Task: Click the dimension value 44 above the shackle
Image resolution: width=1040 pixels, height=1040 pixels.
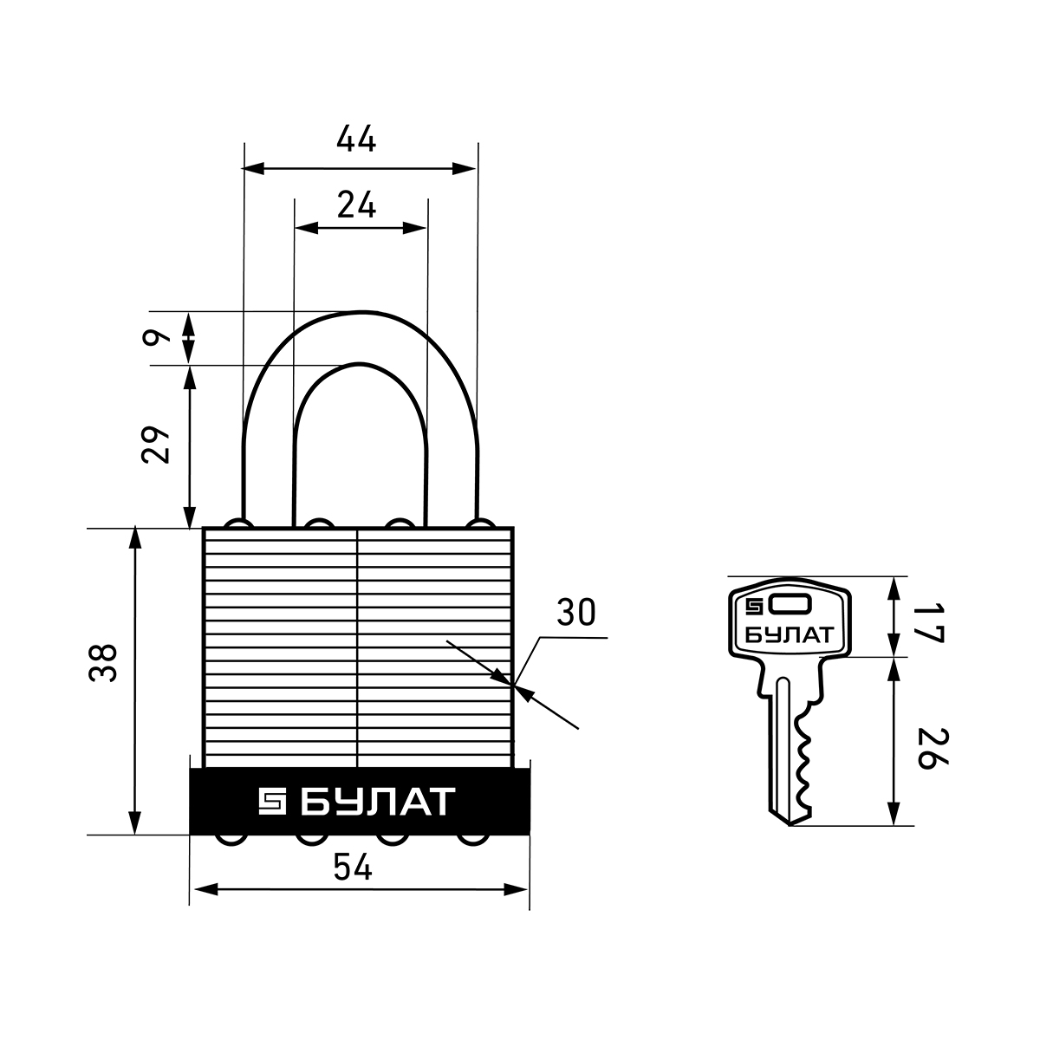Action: coord(355,140)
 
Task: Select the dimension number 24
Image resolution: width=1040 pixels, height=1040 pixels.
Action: coord(356,205)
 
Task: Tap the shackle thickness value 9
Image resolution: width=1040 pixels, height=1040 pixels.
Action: coord(156,338)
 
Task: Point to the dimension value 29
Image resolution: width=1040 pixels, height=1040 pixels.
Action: coord(155,445)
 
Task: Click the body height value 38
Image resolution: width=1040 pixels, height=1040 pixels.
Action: coord(102,663)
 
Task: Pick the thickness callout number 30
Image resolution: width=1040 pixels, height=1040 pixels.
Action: coord(575,612)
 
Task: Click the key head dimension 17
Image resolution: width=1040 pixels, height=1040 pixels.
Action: coord(928,624)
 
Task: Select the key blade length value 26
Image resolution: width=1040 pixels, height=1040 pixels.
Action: coord(932,749)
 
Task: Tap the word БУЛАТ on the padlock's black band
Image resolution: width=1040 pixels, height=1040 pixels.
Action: coord(378,802)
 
